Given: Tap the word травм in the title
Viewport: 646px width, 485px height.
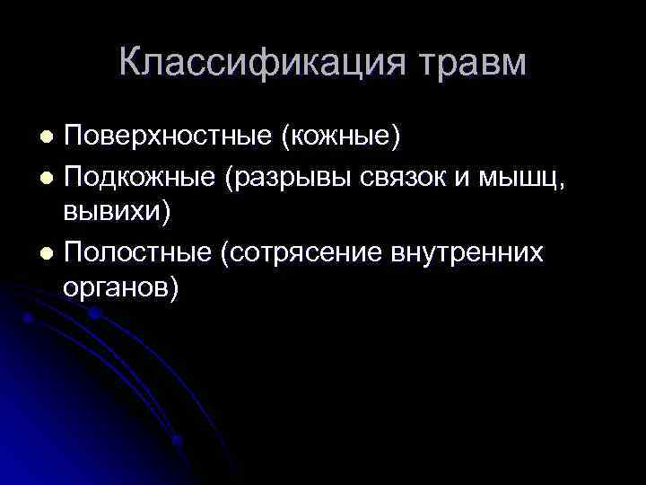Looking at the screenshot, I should point(472,63).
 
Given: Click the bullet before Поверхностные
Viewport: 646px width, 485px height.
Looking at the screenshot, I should point(48,137).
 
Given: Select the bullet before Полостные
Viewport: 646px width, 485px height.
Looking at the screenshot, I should point(48,251).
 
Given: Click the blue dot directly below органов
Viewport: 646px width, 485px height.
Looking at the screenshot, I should point(94,313).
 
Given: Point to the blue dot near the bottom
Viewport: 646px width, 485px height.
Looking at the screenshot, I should point(177,440).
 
